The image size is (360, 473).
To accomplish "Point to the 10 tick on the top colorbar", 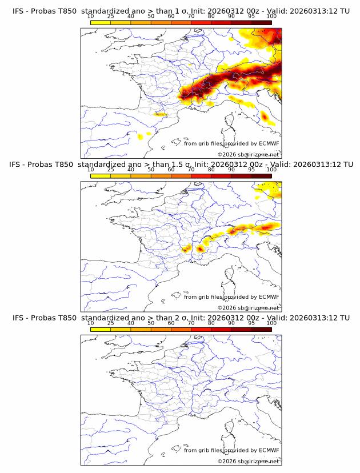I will tap(91, 17).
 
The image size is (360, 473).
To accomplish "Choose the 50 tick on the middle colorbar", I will tap(151, 170).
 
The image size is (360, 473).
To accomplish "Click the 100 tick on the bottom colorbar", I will tap(271, 323).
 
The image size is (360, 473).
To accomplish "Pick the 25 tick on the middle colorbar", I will tap(111, 170).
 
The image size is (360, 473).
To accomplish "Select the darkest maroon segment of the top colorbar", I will tap(261, 22).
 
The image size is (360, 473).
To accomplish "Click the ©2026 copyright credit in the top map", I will tap(248, 155).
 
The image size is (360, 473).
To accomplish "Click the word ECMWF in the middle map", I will tap(269, 296).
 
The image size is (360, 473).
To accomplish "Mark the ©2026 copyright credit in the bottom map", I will tap(248, 461).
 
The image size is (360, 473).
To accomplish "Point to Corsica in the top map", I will tap(230, 121).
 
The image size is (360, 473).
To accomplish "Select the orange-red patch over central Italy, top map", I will tap(265, 117).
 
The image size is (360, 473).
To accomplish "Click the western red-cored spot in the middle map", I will tap(186, 248).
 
